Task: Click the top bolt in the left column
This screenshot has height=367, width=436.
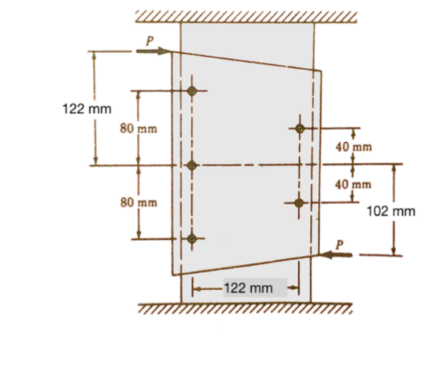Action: tap(192, 91)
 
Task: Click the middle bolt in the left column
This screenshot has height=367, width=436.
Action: tap(192, 165)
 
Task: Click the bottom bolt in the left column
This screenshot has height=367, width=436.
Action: tap(192, 239)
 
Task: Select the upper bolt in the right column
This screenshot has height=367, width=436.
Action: tap(300, 128)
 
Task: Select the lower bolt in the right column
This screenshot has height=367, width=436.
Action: tap(299, 202)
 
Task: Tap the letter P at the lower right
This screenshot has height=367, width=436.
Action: tap(340, 243)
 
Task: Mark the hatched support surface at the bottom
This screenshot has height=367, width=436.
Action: tap(245, 308)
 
